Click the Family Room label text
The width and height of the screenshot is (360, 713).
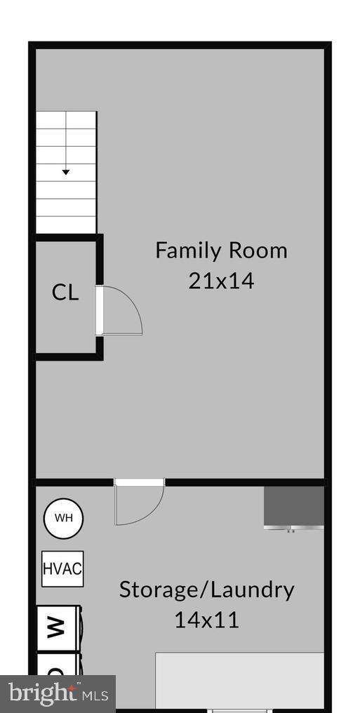click(221, 251)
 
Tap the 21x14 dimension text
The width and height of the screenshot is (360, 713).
click(221, 281)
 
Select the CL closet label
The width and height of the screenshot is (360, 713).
click(65, 293)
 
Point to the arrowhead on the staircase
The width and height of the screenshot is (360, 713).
click(65, 171)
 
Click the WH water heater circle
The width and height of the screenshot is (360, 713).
click(63, 519)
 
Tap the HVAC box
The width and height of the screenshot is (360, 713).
click(62, 568)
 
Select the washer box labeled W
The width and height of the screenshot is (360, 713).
click(59, 627)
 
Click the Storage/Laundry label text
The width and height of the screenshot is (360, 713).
click(206, 589)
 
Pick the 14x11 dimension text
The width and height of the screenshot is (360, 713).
click(206, 620)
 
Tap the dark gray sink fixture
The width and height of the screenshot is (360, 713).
click(293, 505)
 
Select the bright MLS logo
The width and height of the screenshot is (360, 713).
click(58, 694)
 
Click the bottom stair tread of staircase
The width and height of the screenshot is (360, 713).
click(66, 225)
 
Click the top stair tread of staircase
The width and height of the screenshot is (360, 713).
click(66, 120)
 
